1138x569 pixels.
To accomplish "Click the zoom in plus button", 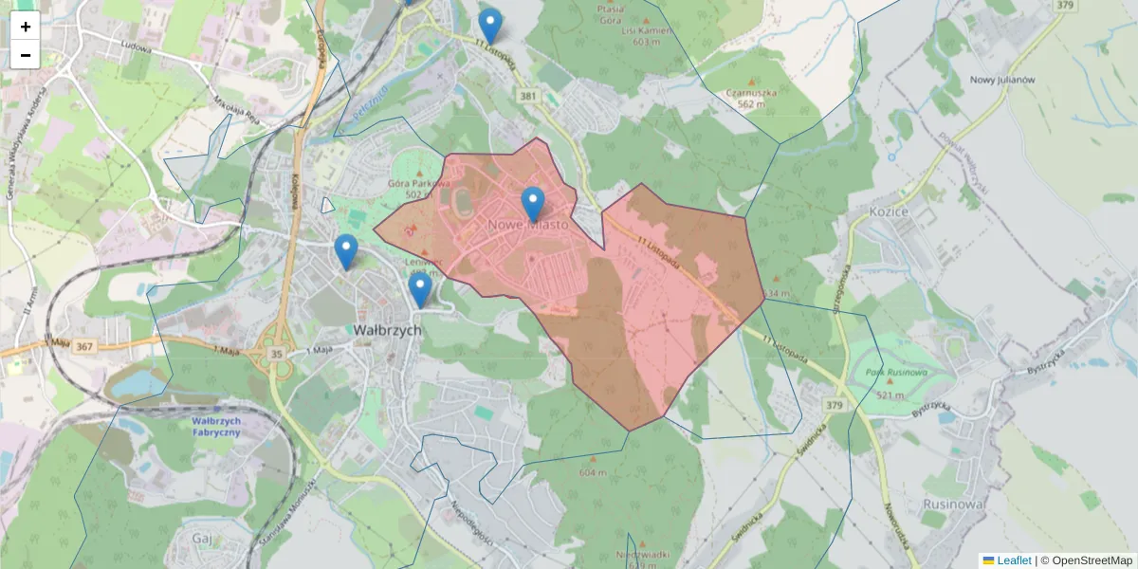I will (x=26, y=27).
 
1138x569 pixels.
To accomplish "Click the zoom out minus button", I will (x=26, y=55).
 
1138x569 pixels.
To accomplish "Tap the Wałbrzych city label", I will (x=387, y=331).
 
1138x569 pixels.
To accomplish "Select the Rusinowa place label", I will (x=954, y=504).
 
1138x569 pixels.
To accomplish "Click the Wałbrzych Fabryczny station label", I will (x=216, y=426).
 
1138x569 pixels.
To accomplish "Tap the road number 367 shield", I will (x=84, y=347).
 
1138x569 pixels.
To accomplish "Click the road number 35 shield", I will (x=277, y=354).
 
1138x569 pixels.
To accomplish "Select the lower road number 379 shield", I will (x=835, y=406).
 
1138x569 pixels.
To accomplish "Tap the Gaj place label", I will (x=201, y=538).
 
